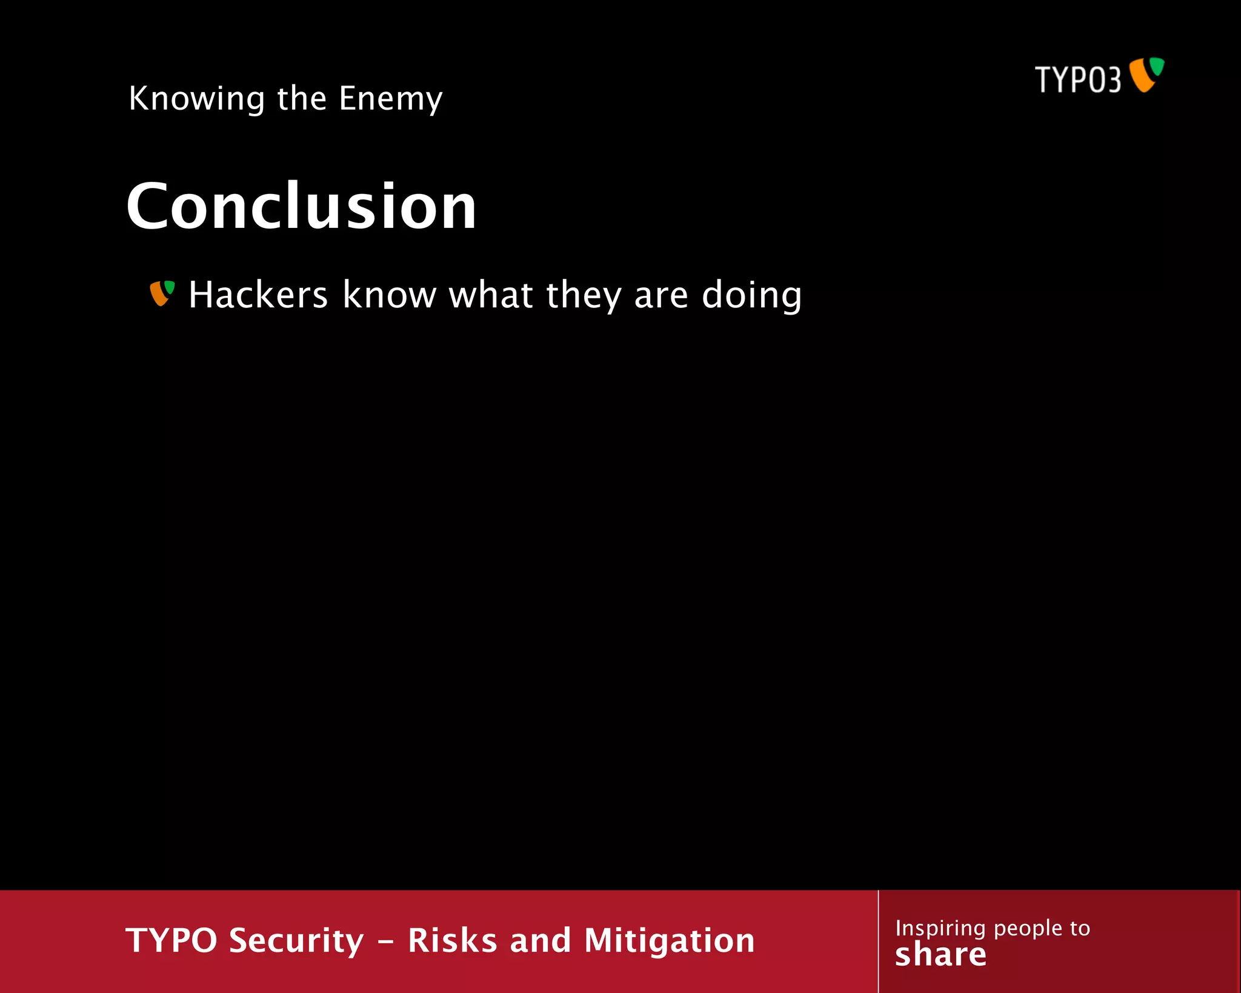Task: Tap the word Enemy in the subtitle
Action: pos(391,99)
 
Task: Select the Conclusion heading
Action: pos(301,206)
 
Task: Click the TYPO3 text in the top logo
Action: pos(1077,80)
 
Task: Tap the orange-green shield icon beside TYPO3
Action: pos(1146,75)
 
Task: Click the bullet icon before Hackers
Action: pos(162,293)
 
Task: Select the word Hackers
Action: pos(258,295)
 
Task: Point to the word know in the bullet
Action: pos(389,295)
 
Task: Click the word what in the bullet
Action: pos(491,295)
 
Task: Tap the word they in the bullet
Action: pos(584,295)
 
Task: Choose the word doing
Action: pos(751,295)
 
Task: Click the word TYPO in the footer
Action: pos(171,941)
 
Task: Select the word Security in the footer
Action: pos(296,941)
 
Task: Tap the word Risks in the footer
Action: pos(452,941)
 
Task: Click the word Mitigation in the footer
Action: pos(669,941)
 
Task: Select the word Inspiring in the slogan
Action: pos(940,928)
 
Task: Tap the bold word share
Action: pos(940,955)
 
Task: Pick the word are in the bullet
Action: pos(660,296)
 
